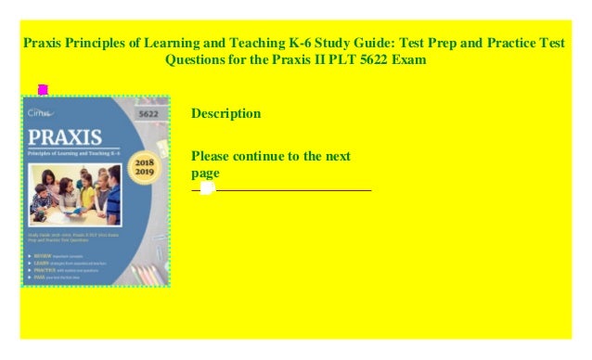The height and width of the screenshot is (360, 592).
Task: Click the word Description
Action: click(x=225, y=113)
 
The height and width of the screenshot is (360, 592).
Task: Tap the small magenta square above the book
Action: click(x=43, y=89)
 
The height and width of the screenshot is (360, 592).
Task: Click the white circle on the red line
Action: click(x=208, y=189)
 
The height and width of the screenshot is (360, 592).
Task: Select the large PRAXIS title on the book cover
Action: click(x=70, y=139)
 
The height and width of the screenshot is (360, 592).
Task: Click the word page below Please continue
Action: click(x=205, y=173)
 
